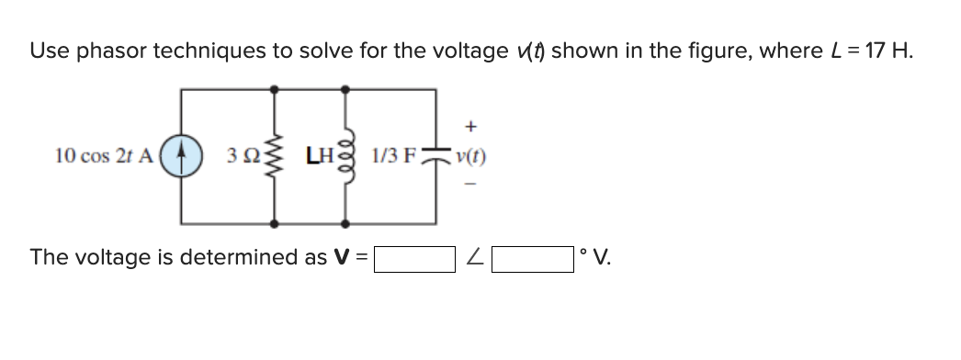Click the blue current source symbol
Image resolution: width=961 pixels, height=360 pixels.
[180, 156]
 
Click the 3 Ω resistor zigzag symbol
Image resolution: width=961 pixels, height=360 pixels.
[274, 156]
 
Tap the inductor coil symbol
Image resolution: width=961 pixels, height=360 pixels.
[345, 156]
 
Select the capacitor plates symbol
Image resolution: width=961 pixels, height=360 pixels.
[435, 157]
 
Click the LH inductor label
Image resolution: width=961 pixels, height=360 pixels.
[319, 156]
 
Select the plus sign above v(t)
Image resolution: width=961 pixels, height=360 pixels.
[470, 122]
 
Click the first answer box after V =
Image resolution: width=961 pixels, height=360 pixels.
[414, 258]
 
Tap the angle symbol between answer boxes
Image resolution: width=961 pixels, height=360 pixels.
[473, 258]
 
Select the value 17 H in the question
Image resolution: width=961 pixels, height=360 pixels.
[889, 51]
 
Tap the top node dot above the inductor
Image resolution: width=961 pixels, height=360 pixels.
[345, 88]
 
